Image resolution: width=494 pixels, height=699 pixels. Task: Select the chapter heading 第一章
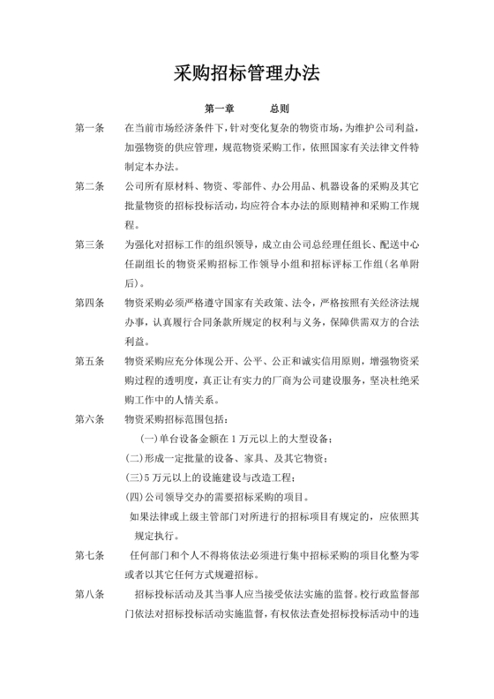tap(219, 109)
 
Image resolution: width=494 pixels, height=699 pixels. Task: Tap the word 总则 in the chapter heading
tap(279, 109)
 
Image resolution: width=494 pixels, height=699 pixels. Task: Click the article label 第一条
tap(90, 129)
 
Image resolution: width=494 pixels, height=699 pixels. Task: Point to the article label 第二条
tap(90, 187)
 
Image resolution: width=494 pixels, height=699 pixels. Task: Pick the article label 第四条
tap(90, 303)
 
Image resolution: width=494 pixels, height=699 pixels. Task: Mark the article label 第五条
tap(90, 361)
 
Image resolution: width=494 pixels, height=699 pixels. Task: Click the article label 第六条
tap(90, 419)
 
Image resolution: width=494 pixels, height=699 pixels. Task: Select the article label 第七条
tap(90, 555)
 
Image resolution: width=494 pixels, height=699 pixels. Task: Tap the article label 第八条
tap(90, 594)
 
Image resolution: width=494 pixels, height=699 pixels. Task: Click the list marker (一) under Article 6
tap(150, 439)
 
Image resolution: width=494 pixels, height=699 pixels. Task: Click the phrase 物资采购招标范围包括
tap(176, 419)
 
